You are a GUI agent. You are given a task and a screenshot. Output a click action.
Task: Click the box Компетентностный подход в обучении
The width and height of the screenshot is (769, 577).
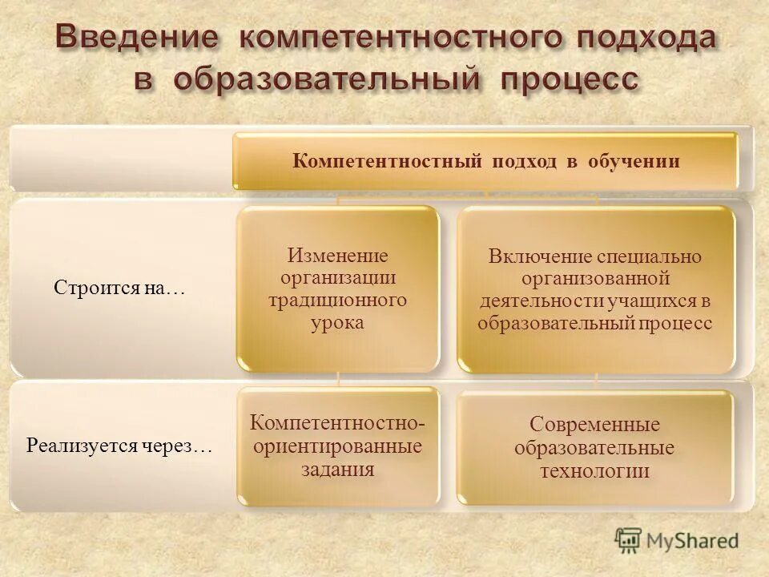(x=485, y=161)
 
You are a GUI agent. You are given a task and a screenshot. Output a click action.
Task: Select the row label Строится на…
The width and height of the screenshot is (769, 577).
(x=119, y=288)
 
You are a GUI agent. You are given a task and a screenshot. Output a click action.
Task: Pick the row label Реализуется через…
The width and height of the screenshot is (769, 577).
(x=119, y=446)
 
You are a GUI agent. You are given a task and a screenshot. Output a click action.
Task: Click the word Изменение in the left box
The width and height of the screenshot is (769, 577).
(x=337, y=256)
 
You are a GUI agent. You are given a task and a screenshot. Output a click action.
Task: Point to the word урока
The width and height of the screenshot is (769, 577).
(x=337, y=323)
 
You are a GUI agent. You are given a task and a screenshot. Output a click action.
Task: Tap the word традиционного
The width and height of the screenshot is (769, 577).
(x=337, y=301)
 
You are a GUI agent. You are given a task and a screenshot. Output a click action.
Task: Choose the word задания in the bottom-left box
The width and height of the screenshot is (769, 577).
(x=337, y=469)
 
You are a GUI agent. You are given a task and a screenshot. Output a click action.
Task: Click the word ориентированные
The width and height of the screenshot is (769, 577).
(x=337, y=446)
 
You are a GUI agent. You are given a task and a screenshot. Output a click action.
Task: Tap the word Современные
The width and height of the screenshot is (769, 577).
(x=594, y=424)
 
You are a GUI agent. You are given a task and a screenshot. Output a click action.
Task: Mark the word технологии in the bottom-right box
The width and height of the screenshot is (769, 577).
(x=594, y=470)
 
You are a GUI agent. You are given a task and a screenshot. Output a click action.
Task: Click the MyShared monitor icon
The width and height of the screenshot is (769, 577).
(x=629, y=539)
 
